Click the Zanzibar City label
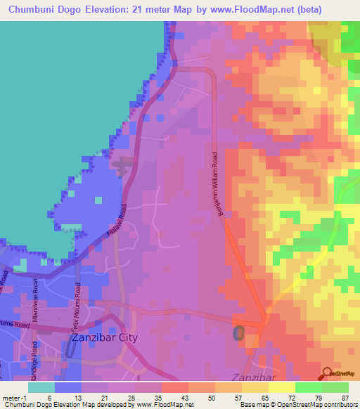coord(105,338)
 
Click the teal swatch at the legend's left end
coord(41,387)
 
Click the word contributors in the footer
coord(341,405)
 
